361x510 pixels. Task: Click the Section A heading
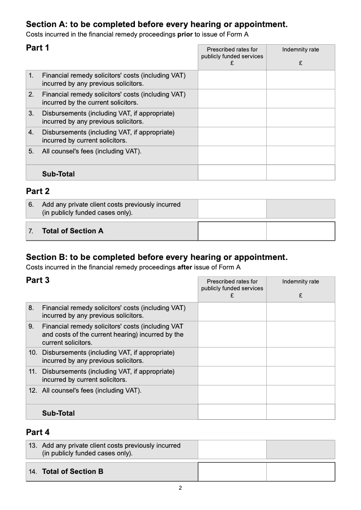[x=157, y=24]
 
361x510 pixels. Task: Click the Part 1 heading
[x=37, y=48]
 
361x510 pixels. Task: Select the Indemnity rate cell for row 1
[x=301, y=80]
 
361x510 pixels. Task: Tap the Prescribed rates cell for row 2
[x=232, y=99]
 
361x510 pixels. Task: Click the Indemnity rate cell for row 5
[x=301, y=155]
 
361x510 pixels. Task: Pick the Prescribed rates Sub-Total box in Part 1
[x=232, y=173]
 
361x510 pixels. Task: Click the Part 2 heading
[x=37, y=191]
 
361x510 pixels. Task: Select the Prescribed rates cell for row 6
[x=232, y=209]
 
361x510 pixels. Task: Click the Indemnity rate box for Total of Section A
[x=301, y=231]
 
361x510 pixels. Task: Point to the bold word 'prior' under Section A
[x=185, y=35]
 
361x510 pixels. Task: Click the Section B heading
[x=157, y=257]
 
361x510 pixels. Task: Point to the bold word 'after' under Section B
[x=185, y=267]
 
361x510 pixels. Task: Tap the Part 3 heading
[x=37, y=280]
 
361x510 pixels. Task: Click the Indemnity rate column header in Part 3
[x=301, y=282]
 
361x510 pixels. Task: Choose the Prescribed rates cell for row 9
[x=232, y=334]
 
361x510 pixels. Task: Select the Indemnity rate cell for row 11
[x=301, y=376]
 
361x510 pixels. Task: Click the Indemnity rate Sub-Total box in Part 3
[x=301, y=412]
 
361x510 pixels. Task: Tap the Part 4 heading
[x=37, y=432]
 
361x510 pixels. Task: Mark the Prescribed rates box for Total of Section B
[x=232, y=472]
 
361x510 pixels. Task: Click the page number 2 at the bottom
[x=180, y=488]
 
